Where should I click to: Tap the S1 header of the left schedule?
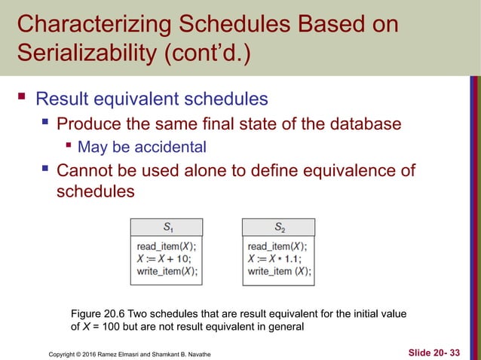coord(166,225)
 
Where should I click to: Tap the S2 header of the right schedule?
coord(279,225)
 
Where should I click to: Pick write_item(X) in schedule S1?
coord(167,271)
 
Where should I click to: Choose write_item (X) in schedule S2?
coord(279,271)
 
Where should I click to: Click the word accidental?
coord(174,146)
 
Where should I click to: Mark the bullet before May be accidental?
coord(69,145)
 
